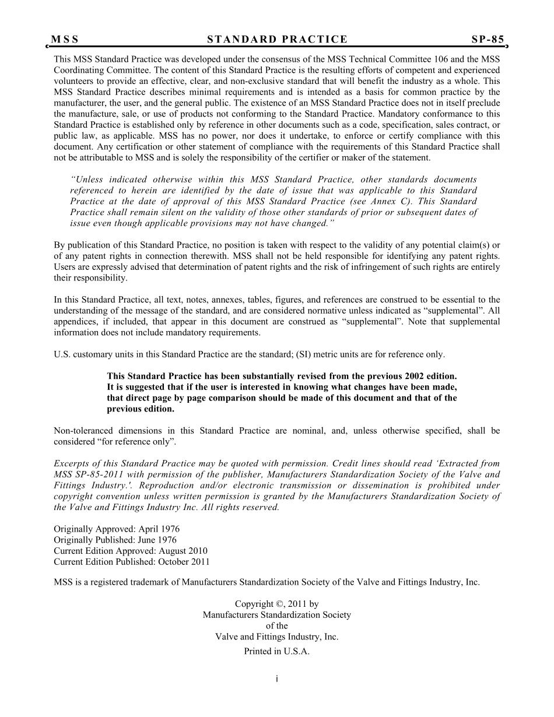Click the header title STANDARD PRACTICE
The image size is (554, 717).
click(x=277, y=40)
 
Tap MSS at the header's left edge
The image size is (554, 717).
click(x=65, y=40)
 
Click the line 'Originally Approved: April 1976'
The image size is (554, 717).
click(x=117, y=529)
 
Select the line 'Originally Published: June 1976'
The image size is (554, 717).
click(x=115, y=540)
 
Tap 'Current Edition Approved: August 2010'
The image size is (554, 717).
click(x=131, y=551)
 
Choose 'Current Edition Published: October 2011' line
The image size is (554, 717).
click(x=132, y=562)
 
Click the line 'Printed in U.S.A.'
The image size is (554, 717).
click(x=276, y=652)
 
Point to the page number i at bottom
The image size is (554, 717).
click(x=277, y=679)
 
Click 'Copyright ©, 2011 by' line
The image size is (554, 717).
click(x=276, y=604)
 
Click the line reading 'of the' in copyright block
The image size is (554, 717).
click(x=276, y=626)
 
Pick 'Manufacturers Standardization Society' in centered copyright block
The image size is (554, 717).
click(x=276, y=615)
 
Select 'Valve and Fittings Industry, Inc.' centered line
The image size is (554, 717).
click(x=276, y=637)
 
